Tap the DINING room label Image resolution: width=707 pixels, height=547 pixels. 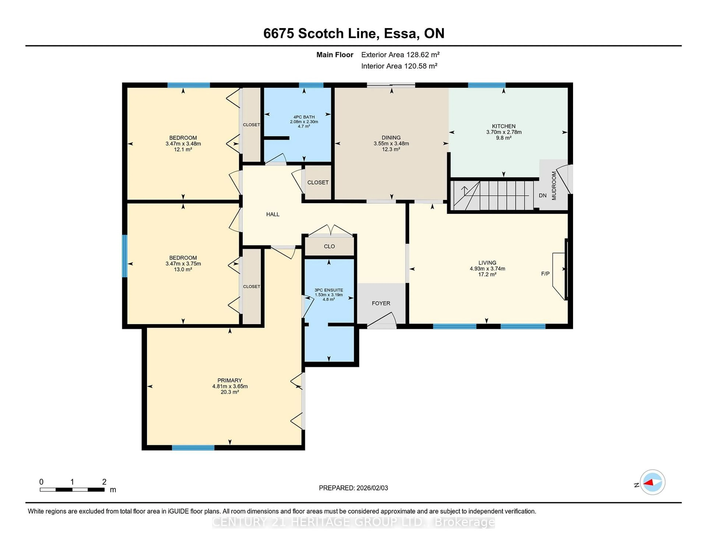[x=391, y=138]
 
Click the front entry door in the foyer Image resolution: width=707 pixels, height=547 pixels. [x=381, y=321]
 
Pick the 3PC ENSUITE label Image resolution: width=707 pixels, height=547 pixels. [x=329, y=290]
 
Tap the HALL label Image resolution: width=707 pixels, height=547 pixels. [x=272, y=214]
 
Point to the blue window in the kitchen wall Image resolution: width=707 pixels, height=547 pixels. [x=487, y=85]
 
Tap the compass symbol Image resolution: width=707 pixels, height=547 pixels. [x=652, y=482]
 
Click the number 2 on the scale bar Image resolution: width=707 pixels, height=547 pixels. [x=104, y=482]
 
